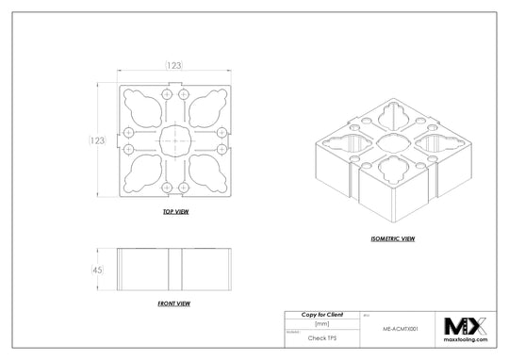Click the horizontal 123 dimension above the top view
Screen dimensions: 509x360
point(174,64)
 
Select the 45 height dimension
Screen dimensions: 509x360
point(95,270)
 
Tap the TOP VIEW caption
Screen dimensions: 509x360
point(176,212)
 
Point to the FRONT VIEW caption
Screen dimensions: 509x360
point(174,304)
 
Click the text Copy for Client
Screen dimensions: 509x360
point(321,314)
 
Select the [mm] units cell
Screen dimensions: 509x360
point(321,323)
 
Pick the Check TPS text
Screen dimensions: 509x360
point(321,335)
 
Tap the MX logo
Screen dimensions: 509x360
point(468,326)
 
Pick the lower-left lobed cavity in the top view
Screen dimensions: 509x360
point(143,172)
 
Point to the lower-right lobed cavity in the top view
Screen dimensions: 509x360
point(205,172)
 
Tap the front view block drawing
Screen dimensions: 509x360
point(174,270)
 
